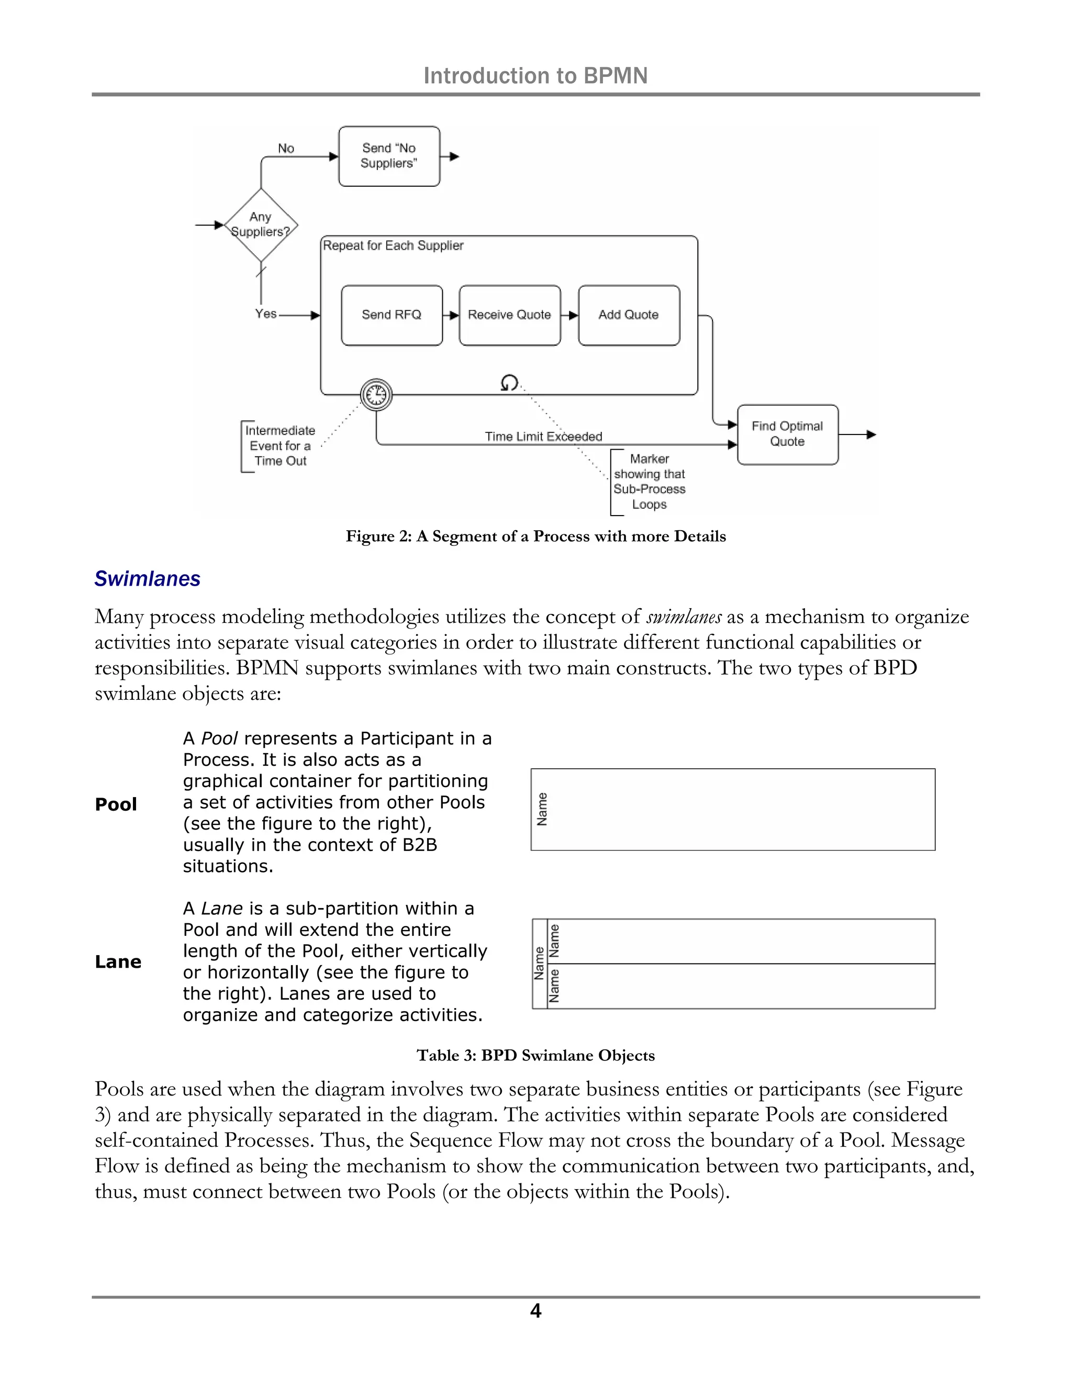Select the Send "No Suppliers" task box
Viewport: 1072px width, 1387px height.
coord(389,156)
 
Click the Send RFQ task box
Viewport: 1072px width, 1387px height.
coord(391,315)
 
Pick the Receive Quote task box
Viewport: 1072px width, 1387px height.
coord(509,315)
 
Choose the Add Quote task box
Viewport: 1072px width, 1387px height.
coord(629,315)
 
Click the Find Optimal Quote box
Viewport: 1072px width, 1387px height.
coord(787,434)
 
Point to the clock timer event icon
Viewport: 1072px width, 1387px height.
coord(376,395)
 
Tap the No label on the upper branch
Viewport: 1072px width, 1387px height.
coord(286,148)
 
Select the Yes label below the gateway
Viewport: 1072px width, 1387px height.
coord(265,314)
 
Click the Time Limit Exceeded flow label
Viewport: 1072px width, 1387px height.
coord(544,437)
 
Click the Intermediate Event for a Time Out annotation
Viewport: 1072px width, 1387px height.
coord(280,446)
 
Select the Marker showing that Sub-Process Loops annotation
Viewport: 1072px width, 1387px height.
coord(649,482)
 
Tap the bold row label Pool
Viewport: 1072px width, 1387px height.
coord(116,804)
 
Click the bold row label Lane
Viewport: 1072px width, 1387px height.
coord(118,961)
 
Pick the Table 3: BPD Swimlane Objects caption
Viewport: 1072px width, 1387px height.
coord(535,1056)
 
